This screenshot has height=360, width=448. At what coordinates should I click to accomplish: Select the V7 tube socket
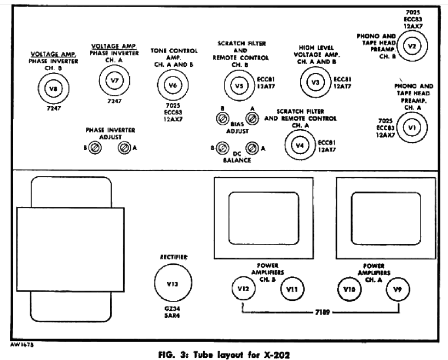[x=114, y=81]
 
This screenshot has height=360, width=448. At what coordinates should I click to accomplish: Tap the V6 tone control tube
[x=173, y=85]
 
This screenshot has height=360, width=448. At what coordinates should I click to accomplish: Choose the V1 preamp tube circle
[x=413, y=127]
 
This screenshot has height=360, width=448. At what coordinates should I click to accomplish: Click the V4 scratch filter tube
[x=299, y=146]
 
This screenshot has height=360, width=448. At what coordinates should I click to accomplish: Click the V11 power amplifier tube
[x=292, y=289]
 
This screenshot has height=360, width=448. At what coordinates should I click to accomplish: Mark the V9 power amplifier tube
[x=398, y=289]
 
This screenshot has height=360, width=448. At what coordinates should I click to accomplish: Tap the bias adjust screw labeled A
[x=252, y=119]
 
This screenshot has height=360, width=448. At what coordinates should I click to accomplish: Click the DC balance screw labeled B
[x=222, y=148]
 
